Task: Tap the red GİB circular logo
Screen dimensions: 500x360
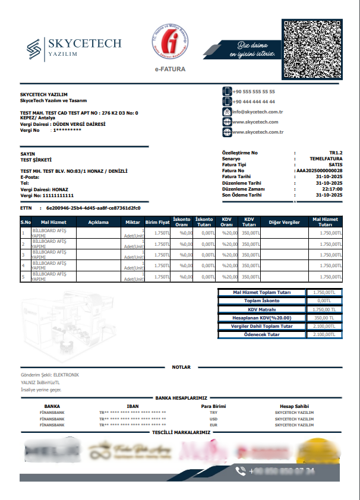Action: [171, 43]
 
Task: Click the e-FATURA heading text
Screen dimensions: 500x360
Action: [170, 69]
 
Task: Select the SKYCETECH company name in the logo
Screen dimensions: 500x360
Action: [84, 43]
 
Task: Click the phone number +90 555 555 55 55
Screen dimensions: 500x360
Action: [254, 92]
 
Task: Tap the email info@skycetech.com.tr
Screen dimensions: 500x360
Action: [257, 112]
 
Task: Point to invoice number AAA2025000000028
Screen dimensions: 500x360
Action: [319, 170]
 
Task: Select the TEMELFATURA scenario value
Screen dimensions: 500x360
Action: [326, 159]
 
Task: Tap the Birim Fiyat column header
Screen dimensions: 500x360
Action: [157, 223]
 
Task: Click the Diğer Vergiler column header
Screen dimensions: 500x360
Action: [284, 223]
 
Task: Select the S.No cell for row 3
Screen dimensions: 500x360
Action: [23, 255]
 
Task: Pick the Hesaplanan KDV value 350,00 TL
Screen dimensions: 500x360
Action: [324, 318]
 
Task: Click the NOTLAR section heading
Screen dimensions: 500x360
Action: [181, 367]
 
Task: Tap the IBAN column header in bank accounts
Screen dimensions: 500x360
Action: [132, 406]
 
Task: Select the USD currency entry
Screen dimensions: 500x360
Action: [214, 419]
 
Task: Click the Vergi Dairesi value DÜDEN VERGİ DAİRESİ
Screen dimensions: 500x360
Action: [79, 124]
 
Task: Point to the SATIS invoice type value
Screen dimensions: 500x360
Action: [335, 164]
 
